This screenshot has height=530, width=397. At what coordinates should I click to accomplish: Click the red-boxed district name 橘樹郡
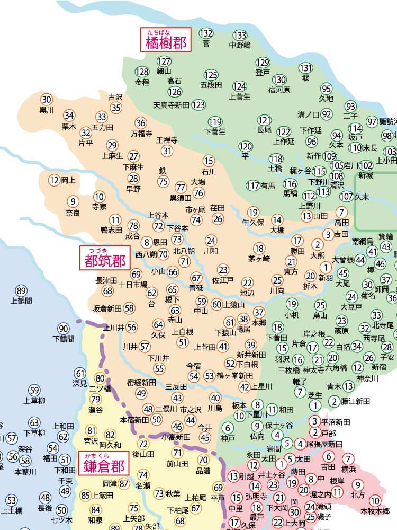[x=166, y=43]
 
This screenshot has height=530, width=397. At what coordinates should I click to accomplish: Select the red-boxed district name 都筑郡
[x=105, y=261]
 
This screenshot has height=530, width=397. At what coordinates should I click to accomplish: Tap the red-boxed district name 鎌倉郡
[x=104, y=466]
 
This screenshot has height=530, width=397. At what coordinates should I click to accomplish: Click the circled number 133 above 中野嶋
[x=240, y=35]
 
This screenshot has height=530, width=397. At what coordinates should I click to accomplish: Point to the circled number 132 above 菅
[x=206, y=33]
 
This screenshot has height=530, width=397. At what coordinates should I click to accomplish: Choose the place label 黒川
[x=47, y=110]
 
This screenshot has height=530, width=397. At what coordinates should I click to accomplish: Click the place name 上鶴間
[x=21, y=301]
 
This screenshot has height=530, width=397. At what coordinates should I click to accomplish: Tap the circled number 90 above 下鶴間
[x=64, y=328]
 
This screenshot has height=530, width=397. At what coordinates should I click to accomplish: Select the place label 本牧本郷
[x=375, y=511]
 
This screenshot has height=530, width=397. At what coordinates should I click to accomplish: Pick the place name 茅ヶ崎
[x=259, y=259]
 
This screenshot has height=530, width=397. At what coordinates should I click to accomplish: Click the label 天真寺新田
[x=171, y=105]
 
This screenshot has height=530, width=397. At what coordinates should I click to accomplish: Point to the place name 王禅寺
[x=167, y=140]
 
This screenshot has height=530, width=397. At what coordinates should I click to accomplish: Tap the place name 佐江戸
[x=223, y=279]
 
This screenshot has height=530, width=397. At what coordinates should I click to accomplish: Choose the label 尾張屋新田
[x=324, y=444]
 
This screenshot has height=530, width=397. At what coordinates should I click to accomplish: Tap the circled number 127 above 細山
[x=164, y=61]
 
